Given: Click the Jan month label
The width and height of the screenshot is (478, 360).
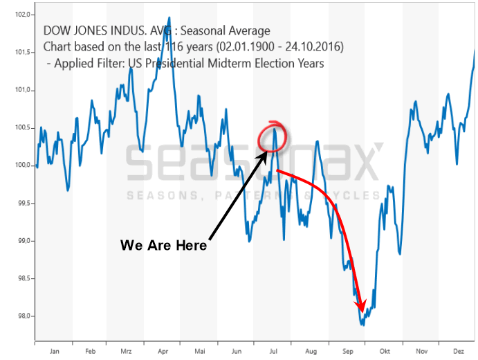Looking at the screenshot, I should pyautogui.click(x=55, y=350).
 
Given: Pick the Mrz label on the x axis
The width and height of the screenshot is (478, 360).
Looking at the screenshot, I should pyautogui.click(x=126, y=350).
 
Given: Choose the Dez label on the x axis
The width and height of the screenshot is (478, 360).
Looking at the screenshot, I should pyautogui.click(x=458, y=350).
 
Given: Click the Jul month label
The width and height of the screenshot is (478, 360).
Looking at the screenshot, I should pyautogui.click(x=273, y=350).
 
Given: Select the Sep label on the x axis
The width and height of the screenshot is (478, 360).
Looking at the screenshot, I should pyautogui.click(x=347, y=350).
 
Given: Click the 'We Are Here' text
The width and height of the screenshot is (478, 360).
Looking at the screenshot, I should pyautogui.click(x=163, y=246).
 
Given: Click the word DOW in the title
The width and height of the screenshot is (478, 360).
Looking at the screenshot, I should pyautogui.click(x=57, y=31).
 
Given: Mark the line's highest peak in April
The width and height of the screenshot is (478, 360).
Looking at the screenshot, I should pyautogui.click(x=169, y=18).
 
